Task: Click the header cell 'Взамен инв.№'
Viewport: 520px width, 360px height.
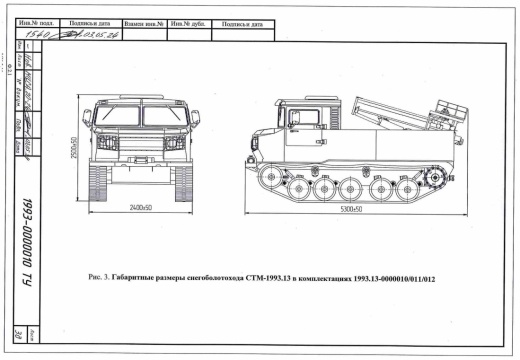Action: (140, 21)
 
